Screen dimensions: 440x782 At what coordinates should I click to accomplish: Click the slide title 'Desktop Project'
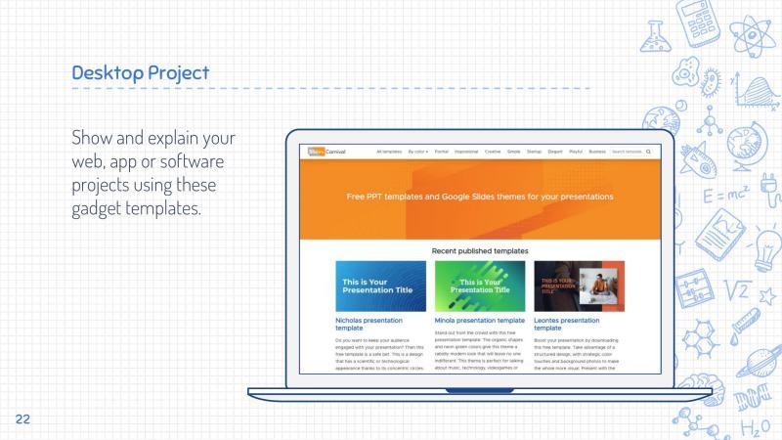click(x=140, y=72)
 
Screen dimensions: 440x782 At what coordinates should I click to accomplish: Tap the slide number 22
click(x=22, y=419)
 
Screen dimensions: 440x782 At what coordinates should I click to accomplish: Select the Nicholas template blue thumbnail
click(x=380, y=286)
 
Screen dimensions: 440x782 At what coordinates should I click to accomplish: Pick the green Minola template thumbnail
click(x=480, y=286)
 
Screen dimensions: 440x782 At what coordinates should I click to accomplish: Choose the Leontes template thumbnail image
click(x=579, y=286)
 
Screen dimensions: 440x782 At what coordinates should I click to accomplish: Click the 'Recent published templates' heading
click(x=480, y=250)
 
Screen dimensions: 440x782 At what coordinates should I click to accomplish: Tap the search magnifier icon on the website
click(x=648, y=153)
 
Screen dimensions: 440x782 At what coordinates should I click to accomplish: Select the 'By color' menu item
click(x=418, y=153)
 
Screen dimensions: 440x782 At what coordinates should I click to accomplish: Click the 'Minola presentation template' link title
click(x=480, y=320)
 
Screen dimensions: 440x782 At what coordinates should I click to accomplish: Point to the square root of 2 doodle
click(x=740, y=289)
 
